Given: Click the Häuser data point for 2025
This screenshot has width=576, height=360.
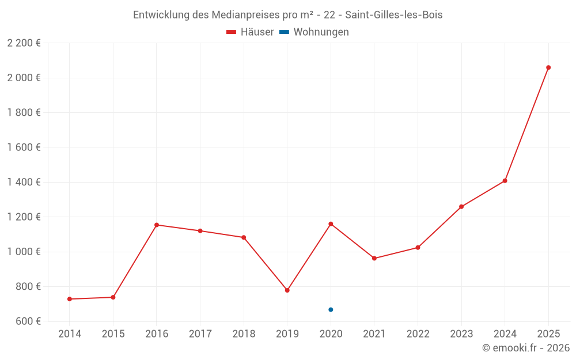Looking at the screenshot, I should point(548,67).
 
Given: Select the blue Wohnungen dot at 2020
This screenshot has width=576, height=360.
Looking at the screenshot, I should point(331,310).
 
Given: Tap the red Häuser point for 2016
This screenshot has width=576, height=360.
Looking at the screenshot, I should point(157,225).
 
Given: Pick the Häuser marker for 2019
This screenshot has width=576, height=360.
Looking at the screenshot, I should point(287,290).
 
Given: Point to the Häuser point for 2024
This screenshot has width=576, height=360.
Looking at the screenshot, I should point(505,181).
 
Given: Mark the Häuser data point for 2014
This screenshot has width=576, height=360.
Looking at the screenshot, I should point(70,299).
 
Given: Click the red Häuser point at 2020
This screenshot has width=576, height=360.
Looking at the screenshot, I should point(331,223).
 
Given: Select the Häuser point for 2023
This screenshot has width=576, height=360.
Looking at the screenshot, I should point(461,207).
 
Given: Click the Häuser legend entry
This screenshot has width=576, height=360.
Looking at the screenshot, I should point(251,32).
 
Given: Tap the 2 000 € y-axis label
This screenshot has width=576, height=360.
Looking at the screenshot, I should point(24,78).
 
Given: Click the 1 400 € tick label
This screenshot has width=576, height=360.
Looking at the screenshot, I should point(24,182).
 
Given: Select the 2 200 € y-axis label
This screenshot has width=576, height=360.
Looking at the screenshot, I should point(24,43).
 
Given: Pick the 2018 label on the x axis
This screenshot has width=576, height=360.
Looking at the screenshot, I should point(244,334).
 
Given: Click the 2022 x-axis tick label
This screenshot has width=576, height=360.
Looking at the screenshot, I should point(418,334).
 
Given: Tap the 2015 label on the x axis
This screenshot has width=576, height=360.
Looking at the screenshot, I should point(113,334).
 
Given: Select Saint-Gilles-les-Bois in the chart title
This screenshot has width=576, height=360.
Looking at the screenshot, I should point(393,15).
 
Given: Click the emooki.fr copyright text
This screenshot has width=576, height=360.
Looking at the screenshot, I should point(526,348).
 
